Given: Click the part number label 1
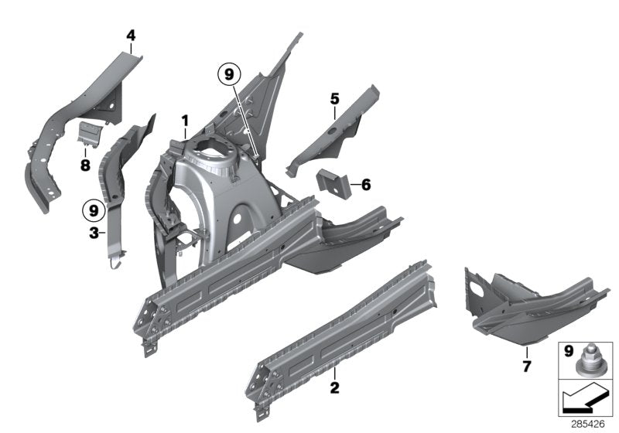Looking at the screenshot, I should point(185,121).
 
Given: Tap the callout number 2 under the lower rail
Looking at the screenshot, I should point(333,386).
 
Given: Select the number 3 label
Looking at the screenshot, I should point(93,232).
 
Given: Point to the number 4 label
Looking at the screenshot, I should point(131,35).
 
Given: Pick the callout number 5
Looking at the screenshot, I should point(334,98).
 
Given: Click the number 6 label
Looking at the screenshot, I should point(366,184).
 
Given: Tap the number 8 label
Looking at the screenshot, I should point(85,165).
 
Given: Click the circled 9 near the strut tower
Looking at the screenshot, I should point(229,74).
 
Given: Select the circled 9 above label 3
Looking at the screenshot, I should point(94,210).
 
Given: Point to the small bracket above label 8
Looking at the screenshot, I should point(90,133).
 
